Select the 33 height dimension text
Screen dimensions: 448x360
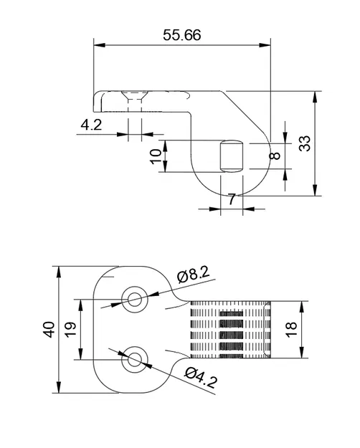click(x=305, y=144)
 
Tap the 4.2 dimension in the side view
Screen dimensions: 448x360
click(x=90, y=124)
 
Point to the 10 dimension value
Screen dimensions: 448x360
click(x=155, y=156)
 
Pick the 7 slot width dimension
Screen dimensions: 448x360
click(x=232, y=199)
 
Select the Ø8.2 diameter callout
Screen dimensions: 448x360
click(x=192, y=273)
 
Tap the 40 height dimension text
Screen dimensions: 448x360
click(x=48, y=330)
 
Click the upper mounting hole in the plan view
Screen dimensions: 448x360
click(x=133, y=298)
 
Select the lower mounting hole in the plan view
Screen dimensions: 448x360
click(x=133, y=361)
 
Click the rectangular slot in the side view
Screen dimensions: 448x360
click(x=231, y=156)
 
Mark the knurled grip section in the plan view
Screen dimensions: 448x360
click(x=230, y=330)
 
